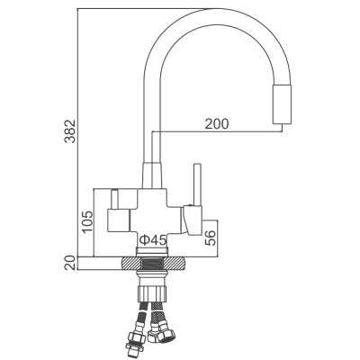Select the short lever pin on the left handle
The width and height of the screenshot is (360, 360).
pos(115,197)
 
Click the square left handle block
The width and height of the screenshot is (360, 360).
pos(117,219)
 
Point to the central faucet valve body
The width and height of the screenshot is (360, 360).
pos(154,216)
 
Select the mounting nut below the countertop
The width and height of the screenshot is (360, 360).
pos(153,286)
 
